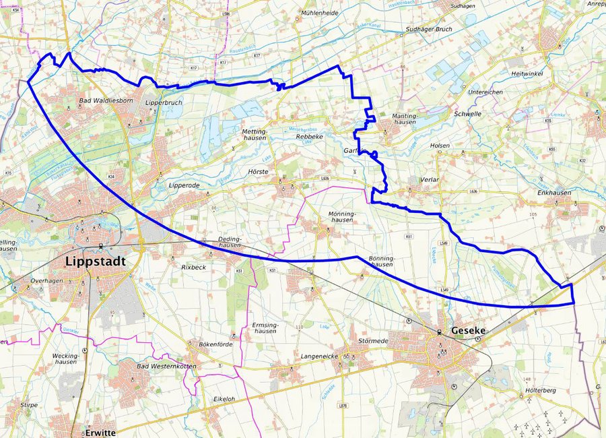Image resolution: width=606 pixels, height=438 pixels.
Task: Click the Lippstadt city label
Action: click(x=96, y=261)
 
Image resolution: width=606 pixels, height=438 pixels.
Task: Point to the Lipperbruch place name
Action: click(x=165, y=102)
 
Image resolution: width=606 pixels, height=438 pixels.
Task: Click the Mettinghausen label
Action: click(x=254, y=133)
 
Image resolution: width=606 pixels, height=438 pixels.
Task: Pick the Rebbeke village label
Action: click(x=310, y=137)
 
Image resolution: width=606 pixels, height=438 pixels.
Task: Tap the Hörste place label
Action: click(x=259, y=172)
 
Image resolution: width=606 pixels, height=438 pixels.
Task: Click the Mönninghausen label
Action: click(x=341, y=216)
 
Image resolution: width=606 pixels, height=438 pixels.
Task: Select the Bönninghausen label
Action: click(x=381, y=261)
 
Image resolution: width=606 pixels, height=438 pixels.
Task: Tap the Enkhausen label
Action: click(x=554, y=193)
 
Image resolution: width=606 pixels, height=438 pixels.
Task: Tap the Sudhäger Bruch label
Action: click(x=428, y=30)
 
